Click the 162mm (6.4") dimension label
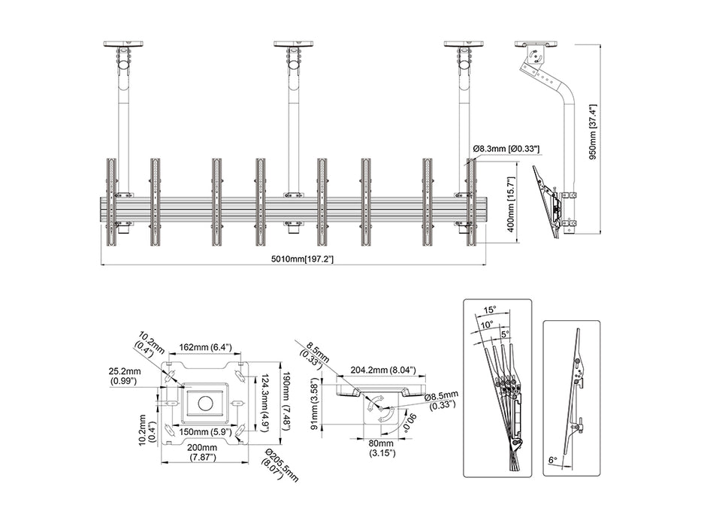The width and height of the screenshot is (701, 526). tap(205, 348)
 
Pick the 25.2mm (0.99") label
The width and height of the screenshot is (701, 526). tap(125, 376)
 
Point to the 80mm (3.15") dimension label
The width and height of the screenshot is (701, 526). tap(385, 448)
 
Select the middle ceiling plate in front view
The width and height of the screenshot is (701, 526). tap(294, 44)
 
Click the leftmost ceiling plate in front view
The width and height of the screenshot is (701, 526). tap(124, 44)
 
